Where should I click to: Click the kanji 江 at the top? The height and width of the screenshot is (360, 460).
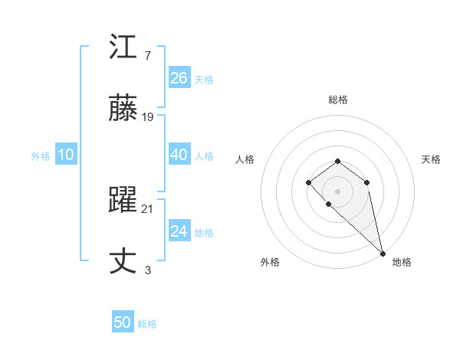click(x=123, y=48)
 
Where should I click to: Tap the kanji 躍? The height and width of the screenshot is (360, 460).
click(x=123, y=201)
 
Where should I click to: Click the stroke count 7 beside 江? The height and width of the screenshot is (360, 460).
click(x=147, y=55)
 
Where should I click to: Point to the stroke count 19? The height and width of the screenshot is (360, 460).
click(x=149, y=117)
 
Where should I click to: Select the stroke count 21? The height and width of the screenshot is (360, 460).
click(x=149, y=209)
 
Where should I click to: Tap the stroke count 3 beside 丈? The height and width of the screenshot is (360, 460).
click(x=147, y=270)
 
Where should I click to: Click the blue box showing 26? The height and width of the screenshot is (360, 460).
click(x=179, y=78)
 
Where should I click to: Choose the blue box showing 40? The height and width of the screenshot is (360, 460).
click(x=179, y=155)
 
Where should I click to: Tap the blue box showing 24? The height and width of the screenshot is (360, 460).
click(x=179, y=231)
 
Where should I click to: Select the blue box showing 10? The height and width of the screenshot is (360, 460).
click(x=66, y=155)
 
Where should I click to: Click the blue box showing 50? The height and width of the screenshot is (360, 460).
click(x=123, y=322)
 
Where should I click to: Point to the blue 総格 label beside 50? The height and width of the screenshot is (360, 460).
click(x=147, y=324)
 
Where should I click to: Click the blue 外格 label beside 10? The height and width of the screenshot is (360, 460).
click(x=41, y=156)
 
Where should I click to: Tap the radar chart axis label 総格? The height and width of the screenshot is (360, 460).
click(x=338, y=100)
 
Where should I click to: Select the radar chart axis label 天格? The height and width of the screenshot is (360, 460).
click(x=432, y=159)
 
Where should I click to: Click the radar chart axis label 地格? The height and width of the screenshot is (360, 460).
click(x=402, y=262)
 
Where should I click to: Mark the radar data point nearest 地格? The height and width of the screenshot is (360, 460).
click(x=383, y=254)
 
